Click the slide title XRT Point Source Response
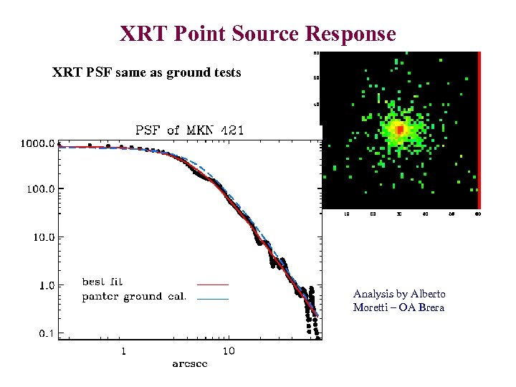point(258,33)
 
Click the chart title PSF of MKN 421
point(190,130)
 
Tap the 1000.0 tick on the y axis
point(37,143)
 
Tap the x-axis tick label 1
point(124,351)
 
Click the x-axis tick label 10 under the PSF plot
point(228,351)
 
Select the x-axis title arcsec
point(190,364)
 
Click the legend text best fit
point(102,282)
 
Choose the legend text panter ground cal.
point(134,297)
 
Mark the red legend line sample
point(213,284)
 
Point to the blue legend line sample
point(213,298)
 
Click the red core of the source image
point(399,130)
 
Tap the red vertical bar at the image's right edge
point(479,129)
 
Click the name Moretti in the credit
point(371,307)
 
